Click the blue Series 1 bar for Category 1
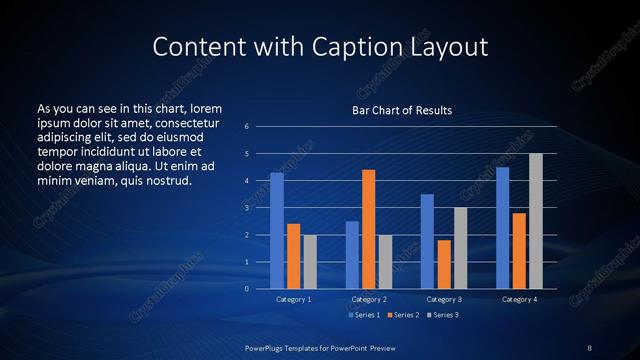(277, 231)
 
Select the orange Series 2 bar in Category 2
(369, 229)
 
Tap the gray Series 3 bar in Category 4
(535, 221)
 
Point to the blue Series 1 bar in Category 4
(503, 228)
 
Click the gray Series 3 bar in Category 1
(310, 262)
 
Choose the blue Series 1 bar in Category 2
(352, 255)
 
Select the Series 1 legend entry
(364, 315)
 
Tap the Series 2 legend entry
(402, 315)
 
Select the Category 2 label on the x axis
(369, 299)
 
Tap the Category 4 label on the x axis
(519, 299)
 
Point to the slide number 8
(590, 346)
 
